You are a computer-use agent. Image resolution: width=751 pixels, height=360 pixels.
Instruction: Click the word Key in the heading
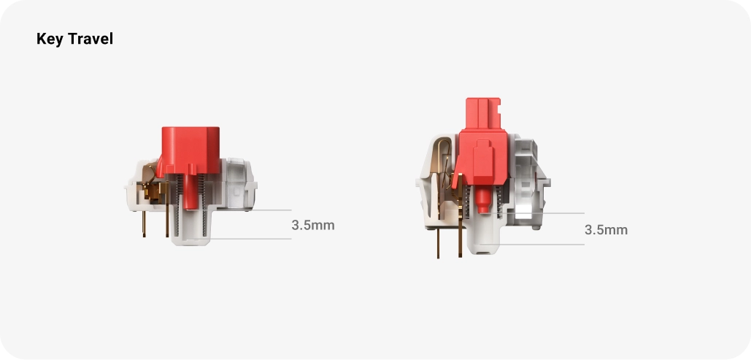pyautogui.click(x=50, y=39)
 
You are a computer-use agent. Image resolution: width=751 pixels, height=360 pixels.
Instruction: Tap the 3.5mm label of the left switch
pyautogui.click(x=313, y=225)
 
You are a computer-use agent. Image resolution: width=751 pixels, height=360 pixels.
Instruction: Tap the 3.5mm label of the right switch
pyautogui.click(x=606, y=229)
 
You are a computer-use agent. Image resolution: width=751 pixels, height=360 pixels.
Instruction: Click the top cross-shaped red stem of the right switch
pyautogui.click(x=483, y=114)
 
